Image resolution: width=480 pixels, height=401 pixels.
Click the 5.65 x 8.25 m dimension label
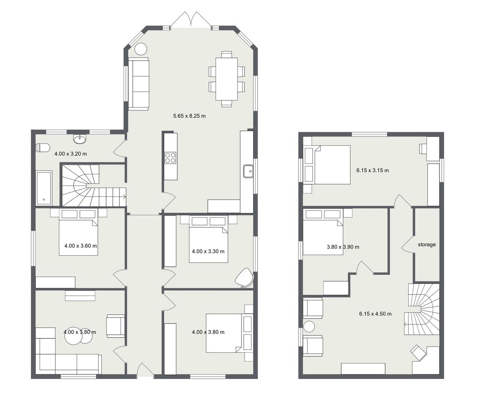point(189,116)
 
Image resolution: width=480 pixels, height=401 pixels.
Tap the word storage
point(427,245)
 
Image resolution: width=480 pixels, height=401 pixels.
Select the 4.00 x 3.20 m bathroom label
point(70,154)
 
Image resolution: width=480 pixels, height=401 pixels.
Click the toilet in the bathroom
point(43,148)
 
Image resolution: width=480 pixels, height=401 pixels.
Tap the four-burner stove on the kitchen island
point(171,158)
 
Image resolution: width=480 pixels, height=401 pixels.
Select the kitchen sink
point(248,171)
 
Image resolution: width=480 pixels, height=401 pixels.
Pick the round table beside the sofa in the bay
point(140,49)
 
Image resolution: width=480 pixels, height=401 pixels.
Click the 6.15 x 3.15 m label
point(372,170)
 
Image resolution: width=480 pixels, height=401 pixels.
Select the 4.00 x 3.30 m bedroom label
point(208,252)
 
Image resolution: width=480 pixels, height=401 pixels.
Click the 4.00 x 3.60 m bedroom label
point(81,246)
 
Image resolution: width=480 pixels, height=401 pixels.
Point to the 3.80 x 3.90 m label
point(343,247)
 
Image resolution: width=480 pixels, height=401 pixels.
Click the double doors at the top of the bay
point(190,21)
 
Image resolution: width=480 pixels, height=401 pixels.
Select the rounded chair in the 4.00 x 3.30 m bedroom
point(245,277)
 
